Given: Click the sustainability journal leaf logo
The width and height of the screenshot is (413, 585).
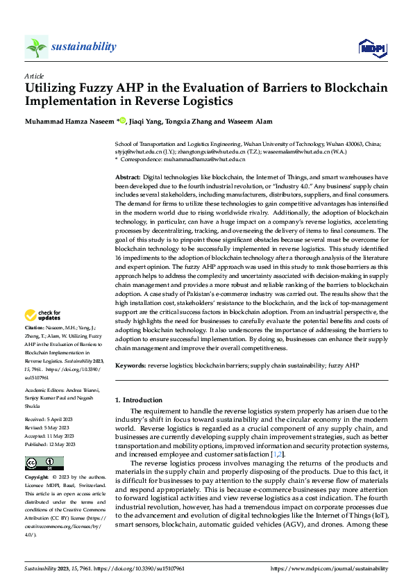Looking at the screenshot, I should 36,47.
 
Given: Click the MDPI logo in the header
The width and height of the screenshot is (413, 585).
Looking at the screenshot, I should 371,47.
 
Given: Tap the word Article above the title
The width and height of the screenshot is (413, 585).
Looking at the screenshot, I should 33,75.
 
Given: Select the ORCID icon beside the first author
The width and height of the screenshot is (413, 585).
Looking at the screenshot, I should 123,121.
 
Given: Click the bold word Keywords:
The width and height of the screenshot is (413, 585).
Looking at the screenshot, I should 130,365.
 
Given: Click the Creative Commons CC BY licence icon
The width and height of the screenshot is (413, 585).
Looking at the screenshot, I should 44,463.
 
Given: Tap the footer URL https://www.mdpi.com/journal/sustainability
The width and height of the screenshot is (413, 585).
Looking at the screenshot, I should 328,569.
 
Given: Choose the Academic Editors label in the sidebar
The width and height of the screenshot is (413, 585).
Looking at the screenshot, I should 45,390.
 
